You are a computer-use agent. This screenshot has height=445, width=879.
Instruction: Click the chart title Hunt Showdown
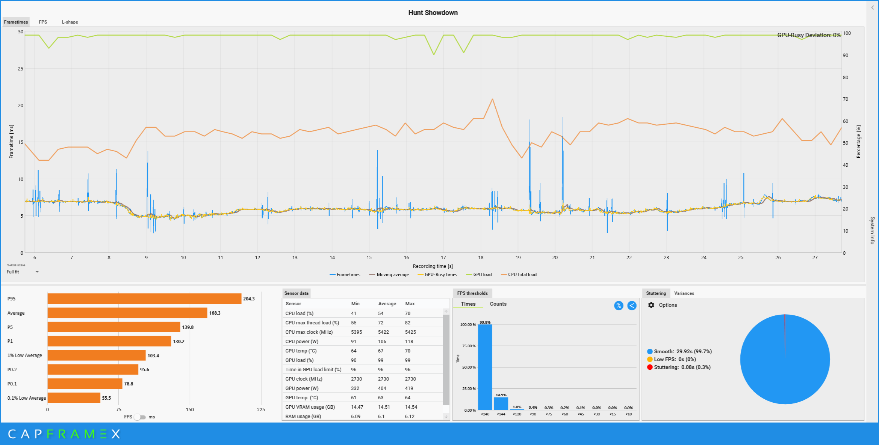pos(433,13)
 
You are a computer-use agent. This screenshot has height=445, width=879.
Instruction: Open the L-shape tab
pos(70,22)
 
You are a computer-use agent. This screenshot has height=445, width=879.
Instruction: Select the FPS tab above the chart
pos(43,22)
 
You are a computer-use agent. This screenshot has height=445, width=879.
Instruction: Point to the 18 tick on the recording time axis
pos(481,258)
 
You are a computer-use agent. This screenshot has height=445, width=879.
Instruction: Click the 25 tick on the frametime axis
pos(21,69)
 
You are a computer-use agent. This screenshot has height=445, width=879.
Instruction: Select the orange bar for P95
pos(144,299)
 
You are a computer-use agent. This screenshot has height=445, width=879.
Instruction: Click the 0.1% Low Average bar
pos(74,398)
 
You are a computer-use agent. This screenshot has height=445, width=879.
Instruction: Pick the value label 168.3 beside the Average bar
pos(215,313)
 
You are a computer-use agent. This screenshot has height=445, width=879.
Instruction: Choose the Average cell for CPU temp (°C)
pos(381,351)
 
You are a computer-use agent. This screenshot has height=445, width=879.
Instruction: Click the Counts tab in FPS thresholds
pos(498,304)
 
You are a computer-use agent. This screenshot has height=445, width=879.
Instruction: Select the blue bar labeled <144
pos(501,404)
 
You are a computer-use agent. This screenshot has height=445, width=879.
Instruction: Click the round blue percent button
pos(619,306)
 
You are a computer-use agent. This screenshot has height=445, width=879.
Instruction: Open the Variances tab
pos(684,293)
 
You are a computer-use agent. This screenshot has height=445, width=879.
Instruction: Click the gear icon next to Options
pos(651,305)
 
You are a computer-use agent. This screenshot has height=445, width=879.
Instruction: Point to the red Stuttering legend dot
pos(650,367)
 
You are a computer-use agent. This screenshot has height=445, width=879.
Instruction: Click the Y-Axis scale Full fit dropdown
pos(22,272)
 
